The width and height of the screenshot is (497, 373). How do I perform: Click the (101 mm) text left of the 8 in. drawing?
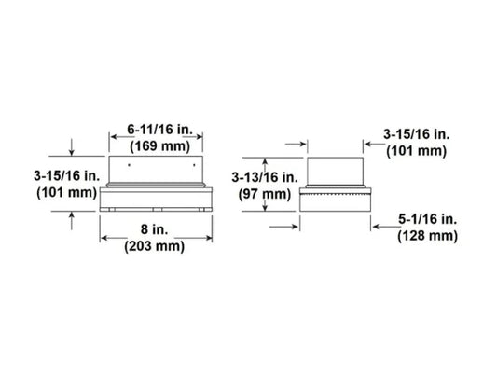(65, 194)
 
